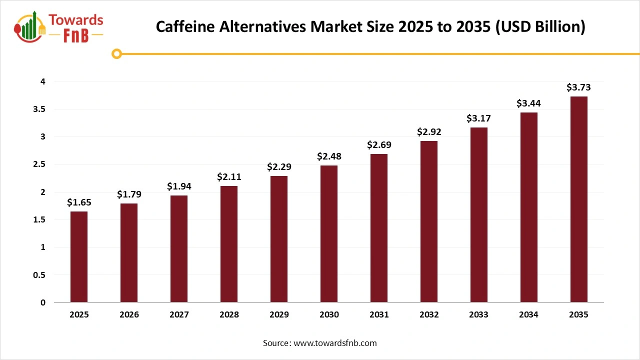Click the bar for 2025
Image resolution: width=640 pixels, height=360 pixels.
79,257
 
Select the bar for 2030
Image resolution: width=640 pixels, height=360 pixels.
329,234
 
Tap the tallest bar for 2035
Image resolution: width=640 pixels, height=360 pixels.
579,199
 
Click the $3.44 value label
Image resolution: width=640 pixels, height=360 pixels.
529,103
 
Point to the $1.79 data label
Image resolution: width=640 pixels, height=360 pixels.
129,194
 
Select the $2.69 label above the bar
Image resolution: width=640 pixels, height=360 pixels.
379,145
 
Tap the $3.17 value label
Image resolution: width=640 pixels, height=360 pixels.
479,118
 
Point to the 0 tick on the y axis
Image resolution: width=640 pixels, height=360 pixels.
43,302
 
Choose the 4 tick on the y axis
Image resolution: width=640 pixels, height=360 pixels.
43,81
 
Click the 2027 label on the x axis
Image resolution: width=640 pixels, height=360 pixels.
179,314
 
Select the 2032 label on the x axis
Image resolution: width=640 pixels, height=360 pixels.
429,314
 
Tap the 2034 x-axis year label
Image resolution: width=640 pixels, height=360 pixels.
529,314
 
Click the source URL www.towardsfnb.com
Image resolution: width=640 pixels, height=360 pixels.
335,343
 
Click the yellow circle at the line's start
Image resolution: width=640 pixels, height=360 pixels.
116,53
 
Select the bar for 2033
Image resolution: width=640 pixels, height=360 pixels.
479,215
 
